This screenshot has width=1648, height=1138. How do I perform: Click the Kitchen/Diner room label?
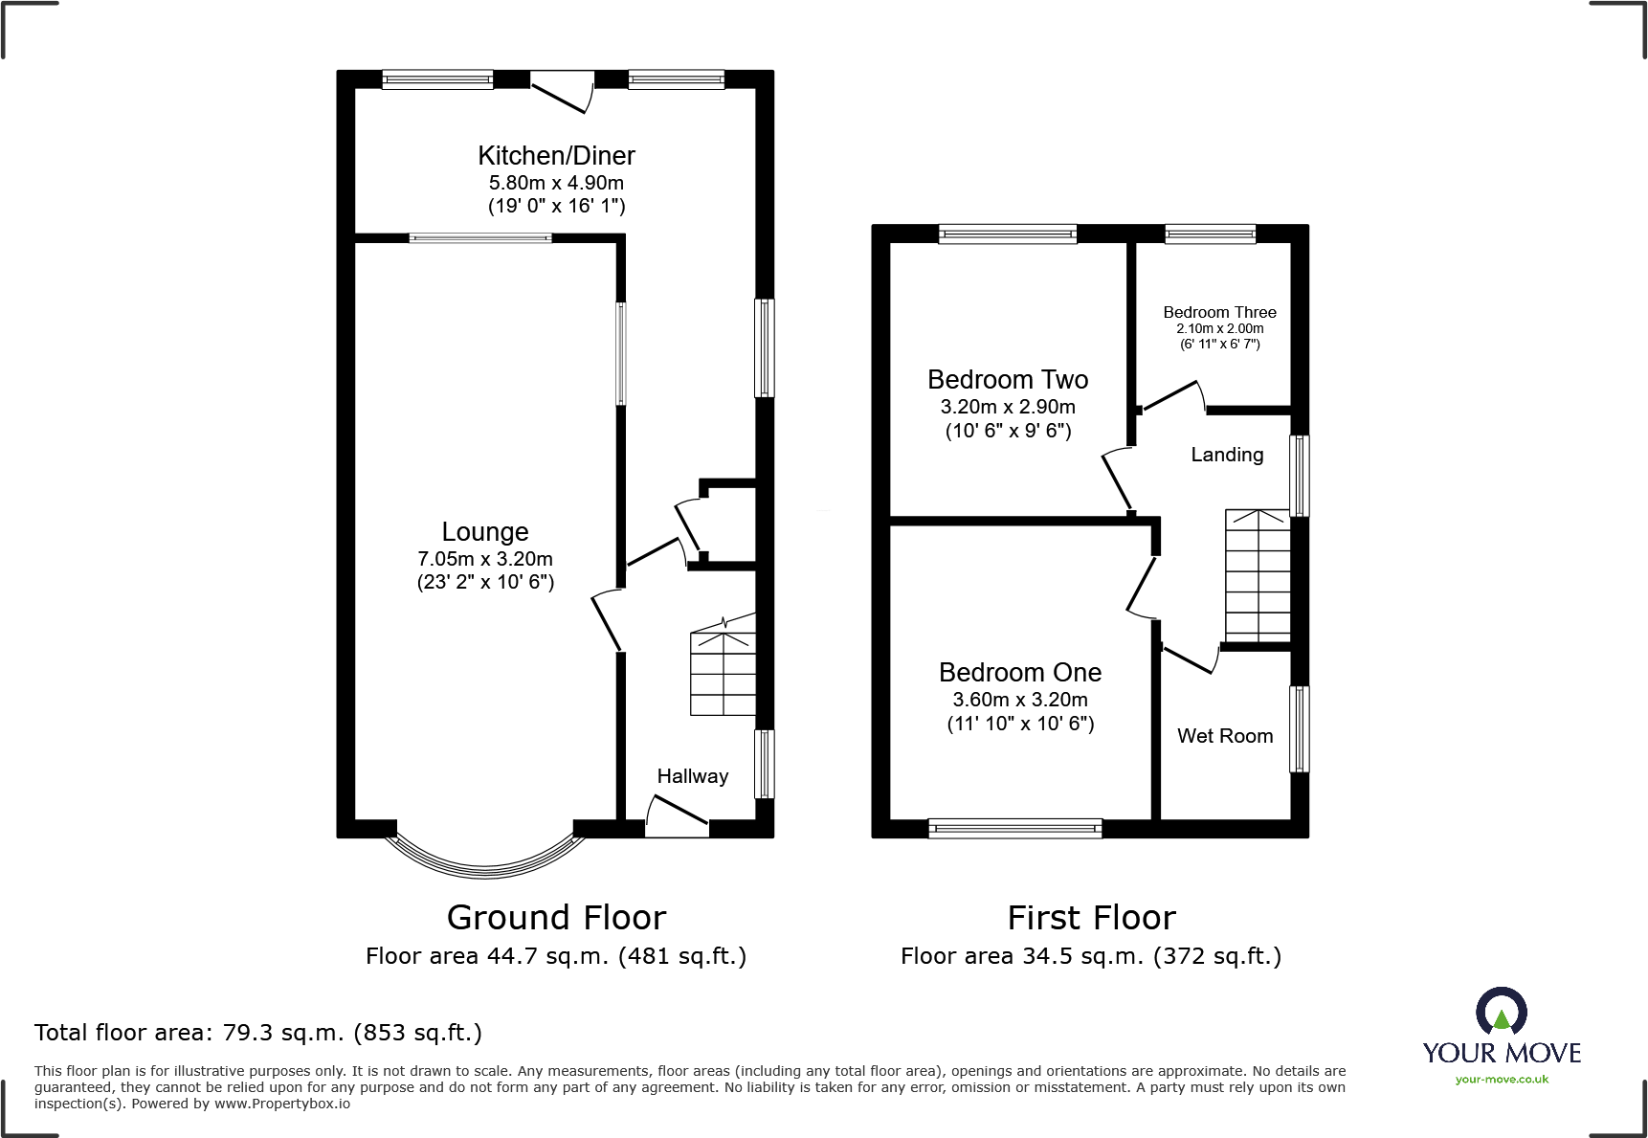coord(556,156)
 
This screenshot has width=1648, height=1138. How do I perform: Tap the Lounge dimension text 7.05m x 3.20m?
coord(485,559)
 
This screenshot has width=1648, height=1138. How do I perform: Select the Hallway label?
coord(693,776)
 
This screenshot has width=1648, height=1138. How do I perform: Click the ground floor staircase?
coord(724,671)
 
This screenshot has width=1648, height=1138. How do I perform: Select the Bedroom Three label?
coord(1219,312)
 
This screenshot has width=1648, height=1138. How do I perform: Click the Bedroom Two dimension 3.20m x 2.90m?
coord(1008,407)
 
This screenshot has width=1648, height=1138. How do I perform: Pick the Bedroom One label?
coord(1020,673)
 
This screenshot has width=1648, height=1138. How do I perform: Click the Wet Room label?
coord(1225,736)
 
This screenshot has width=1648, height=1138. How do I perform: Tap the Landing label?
coord(1227,455)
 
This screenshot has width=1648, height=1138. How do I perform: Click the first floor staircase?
coord(1258,575)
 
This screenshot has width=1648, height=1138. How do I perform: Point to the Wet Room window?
coord(1299,728)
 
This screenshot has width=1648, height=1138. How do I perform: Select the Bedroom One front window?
coord(1014,829)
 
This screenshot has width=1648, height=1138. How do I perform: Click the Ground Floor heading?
coord(556,918)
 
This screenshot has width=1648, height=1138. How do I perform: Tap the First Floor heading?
coord(1091,918)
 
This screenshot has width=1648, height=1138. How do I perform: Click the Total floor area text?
coord(258,1033)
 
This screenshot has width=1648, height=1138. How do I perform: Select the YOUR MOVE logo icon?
coord(1502,1011)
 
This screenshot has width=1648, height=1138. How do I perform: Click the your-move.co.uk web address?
coord(1502,1080)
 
